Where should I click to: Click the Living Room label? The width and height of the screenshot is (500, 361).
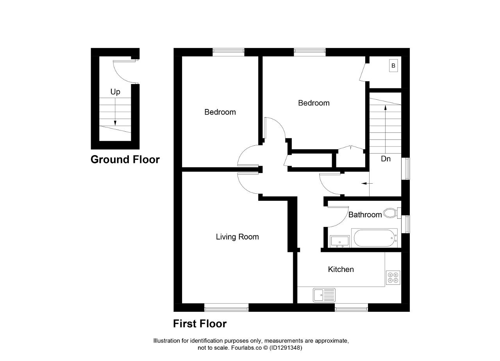[237, 237]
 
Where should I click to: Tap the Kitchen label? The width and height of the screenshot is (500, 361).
[341, 269]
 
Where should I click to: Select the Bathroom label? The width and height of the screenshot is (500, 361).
[365, 214]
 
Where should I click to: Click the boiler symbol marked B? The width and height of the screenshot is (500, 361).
[393, 66]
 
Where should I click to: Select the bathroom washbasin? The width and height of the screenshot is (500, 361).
[340, 241]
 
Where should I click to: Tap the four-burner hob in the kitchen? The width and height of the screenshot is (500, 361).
[393, 278]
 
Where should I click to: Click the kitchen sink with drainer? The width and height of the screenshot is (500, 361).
[324, 295]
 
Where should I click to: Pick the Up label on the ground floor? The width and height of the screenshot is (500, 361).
[115, 92]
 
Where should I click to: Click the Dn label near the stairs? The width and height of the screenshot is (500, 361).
[386, 159]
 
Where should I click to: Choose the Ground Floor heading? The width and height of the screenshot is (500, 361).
[125, 159]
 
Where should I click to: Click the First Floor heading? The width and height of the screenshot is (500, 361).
[200, 323]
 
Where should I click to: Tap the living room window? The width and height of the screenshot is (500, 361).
[226, 307]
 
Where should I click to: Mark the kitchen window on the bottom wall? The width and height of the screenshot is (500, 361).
[351, 307]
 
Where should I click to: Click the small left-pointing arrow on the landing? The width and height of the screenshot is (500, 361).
[367, 184]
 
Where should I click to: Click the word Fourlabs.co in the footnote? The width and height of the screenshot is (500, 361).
[246, 348]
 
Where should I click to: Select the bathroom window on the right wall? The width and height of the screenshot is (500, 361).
[405, 224]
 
